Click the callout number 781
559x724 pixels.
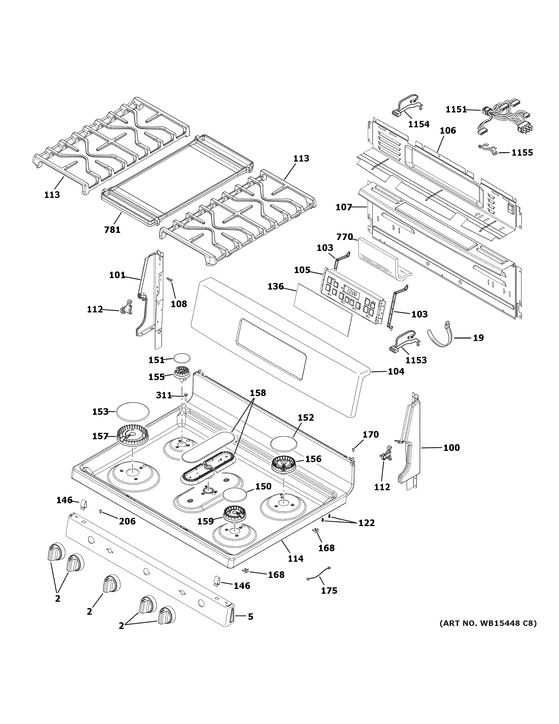(112, 229)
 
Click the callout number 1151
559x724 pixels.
(456, 109)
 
